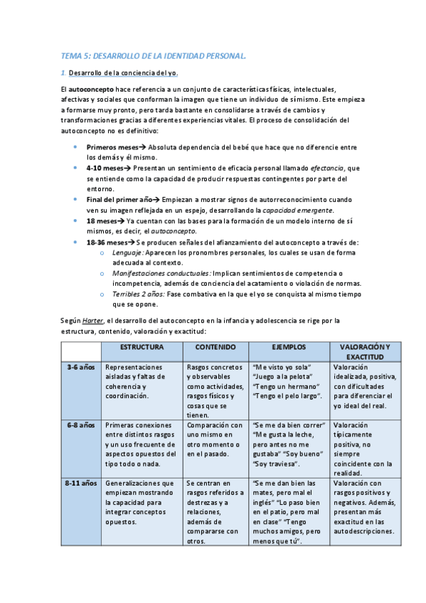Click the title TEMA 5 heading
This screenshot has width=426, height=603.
153,55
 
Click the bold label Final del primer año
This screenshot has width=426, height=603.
119,200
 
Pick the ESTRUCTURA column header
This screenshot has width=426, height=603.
142,348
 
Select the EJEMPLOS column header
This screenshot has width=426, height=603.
289,348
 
